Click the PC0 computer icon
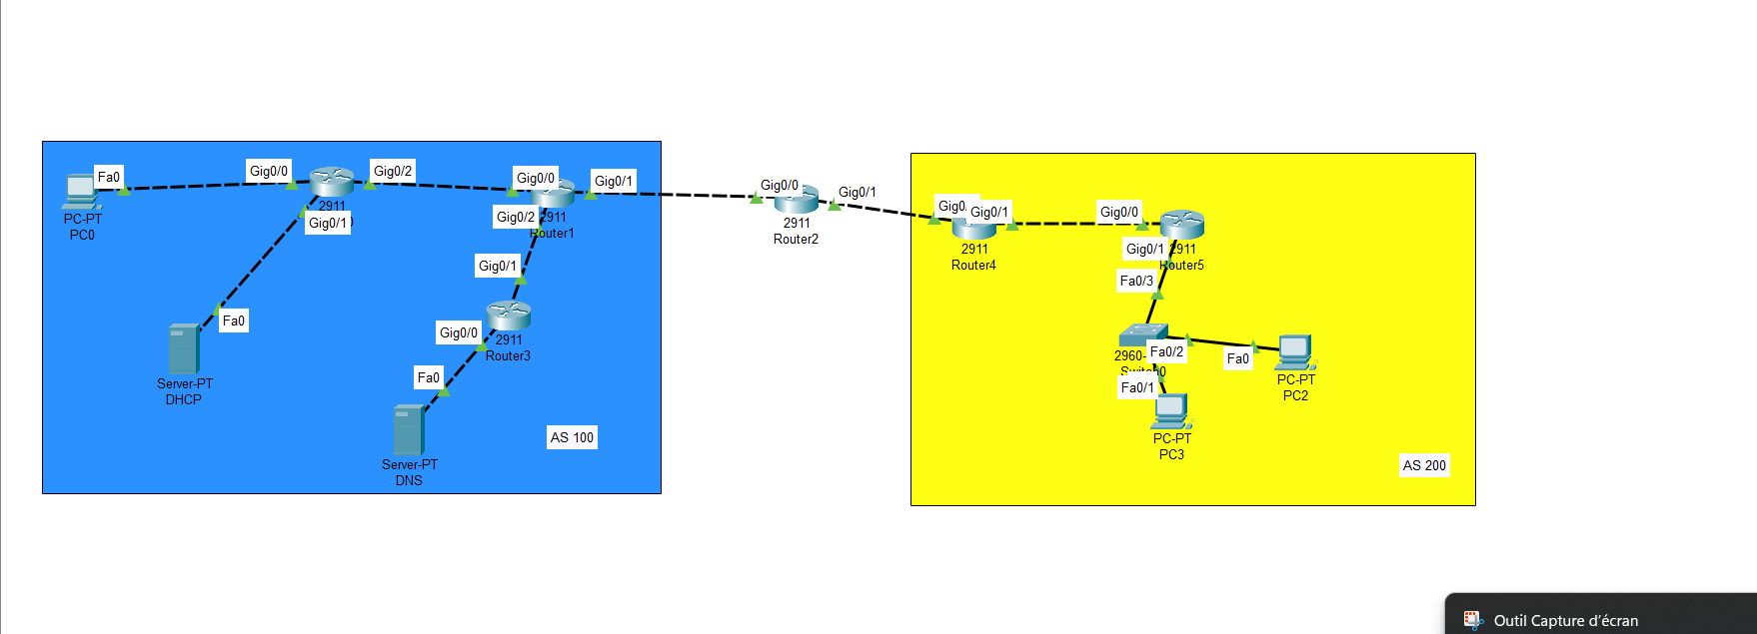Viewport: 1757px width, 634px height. click(x=80, y=191)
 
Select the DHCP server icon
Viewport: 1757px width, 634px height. click(x=184, y=348)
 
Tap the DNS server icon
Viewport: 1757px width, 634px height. click(x=408, y=429)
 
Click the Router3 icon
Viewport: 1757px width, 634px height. click(x=508, y=316)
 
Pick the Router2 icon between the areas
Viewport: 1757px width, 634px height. click(x=797, y=199)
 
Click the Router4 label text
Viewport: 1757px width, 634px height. click(x=973, y=265)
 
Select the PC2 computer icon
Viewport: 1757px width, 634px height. click(x=1295, y=351)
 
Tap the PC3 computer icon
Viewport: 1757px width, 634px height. click(x=1171, y=410)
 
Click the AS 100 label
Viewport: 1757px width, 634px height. click(x=572, y=437)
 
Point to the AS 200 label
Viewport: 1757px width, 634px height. click(x=1424, y=465)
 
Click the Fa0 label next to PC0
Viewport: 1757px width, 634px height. click(x=109, y=177)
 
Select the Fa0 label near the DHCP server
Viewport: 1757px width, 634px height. click(x=233, y=320)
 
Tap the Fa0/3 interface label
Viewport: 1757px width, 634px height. click(x=1136, y=281)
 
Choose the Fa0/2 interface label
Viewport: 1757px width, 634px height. click(x=1166, y=351)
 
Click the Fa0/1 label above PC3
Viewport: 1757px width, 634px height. click(x=1137, y=387)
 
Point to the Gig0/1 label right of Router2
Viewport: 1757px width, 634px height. click(x=857, y=192)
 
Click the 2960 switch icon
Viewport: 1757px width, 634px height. click(x=1141, y=334)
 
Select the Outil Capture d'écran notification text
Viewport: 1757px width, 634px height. click(x=1565, y=620)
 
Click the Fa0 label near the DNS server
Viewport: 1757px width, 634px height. click(x=428, y=377)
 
